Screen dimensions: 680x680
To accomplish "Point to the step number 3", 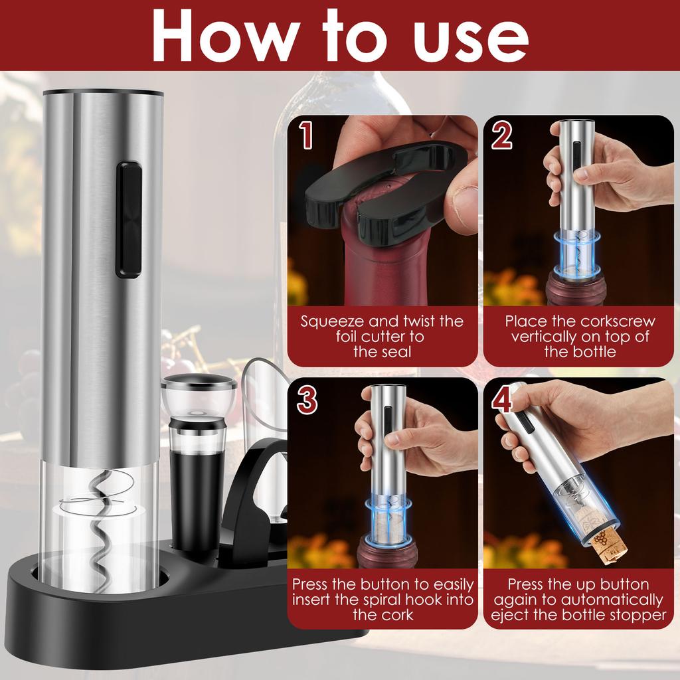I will pyautogui.click(x=306, y=399).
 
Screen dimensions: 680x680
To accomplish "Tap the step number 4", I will pyautogui.click(x=503, y=399).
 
